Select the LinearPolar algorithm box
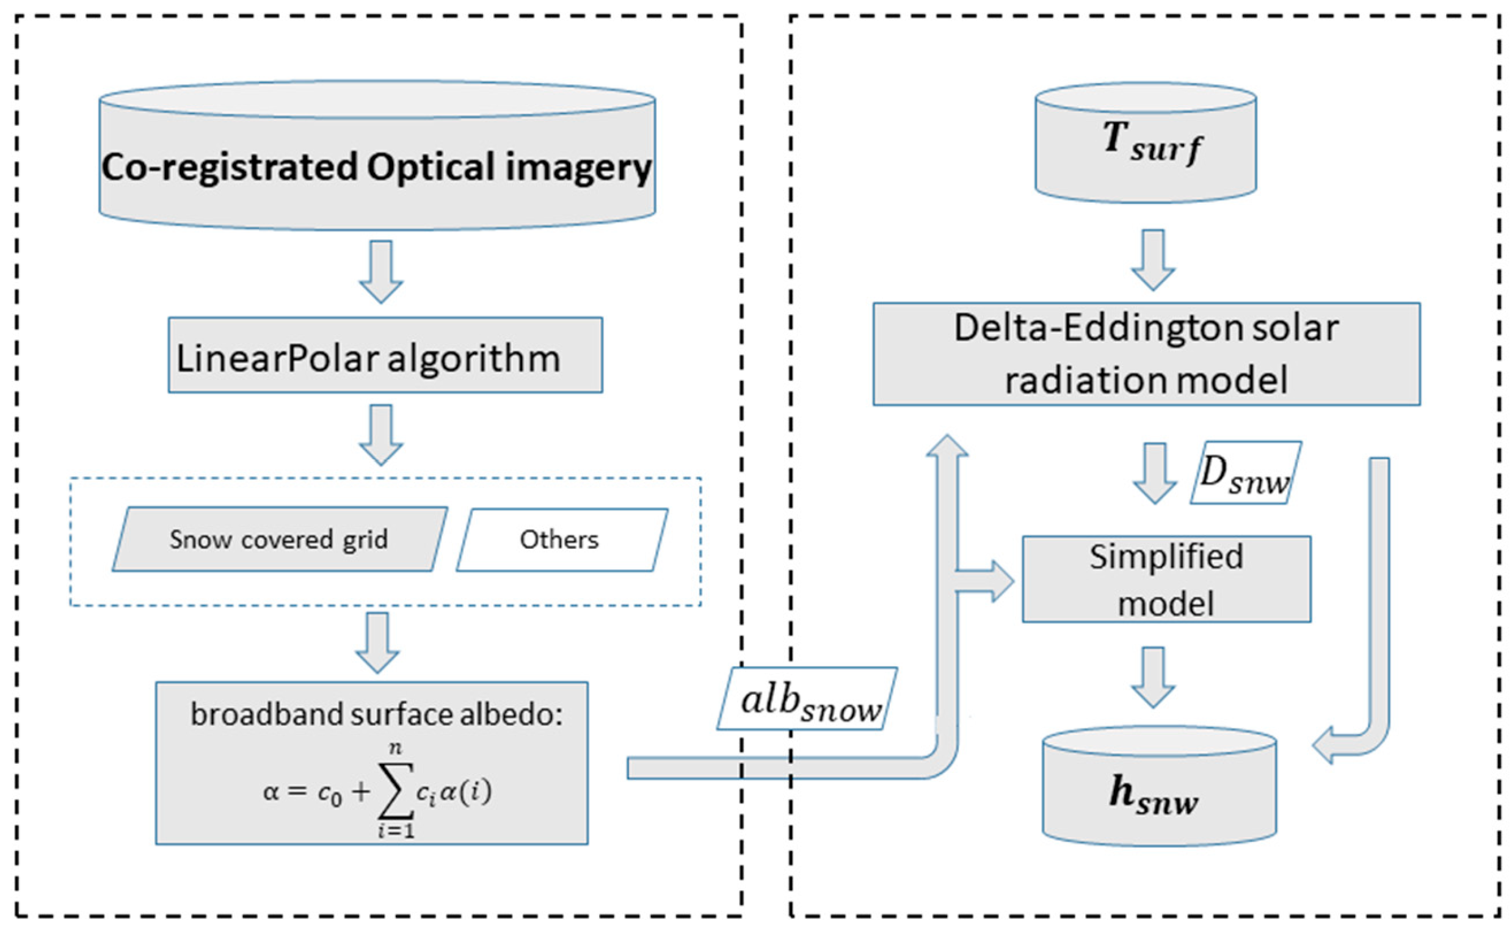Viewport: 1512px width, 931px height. coord(385,355)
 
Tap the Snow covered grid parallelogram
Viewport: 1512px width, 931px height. coord(280,540)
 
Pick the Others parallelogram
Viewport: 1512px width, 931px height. coord(562,540)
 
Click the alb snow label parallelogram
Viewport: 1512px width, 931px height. coord(806,699)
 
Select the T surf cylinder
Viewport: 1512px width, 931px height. coord(1146,143)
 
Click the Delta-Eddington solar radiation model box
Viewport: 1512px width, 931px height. coord(1146,354)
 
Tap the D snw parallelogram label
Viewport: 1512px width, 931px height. coord(1245,473)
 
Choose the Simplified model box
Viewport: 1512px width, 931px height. coord(1166,579)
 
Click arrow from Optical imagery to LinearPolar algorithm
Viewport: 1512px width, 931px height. coord(381,272)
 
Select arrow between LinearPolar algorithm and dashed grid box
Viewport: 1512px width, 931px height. coord(381,434)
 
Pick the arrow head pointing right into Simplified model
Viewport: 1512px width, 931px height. coord(1001,581)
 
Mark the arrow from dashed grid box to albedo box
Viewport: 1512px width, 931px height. coord(377,642)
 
